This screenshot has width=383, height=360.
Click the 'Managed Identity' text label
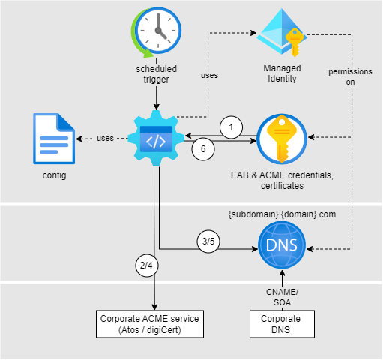coord(282,73)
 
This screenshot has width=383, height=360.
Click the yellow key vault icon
coord(282,139)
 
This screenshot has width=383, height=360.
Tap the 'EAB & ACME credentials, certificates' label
coord(282,180)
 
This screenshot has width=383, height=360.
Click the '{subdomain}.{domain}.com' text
coord(282,213)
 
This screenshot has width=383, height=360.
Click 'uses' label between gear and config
coord(105,138)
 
